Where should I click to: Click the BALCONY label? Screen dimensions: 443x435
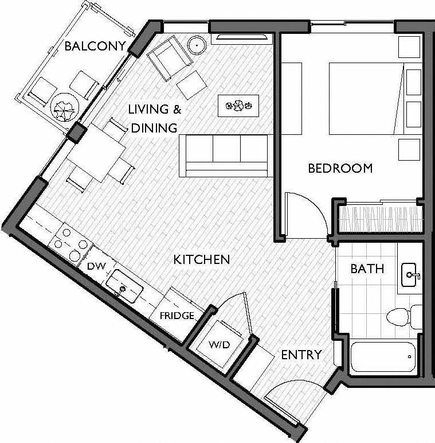95,46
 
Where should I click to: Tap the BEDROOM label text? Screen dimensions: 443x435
340,168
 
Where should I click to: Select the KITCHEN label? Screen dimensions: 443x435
202,259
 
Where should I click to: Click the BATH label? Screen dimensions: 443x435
367,269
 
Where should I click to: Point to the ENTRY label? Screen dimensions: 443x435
301,355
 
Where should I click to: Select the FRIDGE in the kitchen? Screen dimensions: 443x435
176,316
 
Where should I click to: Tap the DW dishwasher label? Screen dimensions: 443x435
95,266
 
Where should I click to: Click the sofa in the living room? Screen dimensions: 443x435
225,156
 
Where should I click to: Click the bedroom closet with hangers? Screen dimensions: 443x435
380,217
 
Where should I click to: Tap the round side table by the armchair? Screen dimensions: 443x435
198,44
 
